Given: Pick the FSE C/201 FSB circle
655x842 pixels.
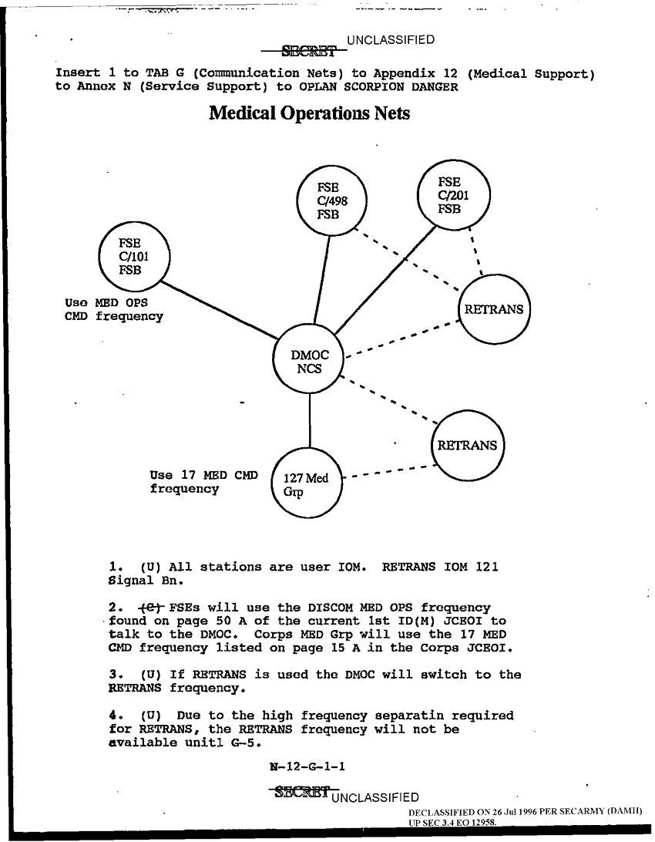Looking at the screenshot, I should point(451,194).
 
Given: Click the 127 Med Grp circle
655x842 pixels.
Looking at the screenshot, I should point(307,486).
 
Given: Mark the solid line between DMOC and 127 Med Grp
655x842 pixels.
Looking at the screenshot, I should point(310,420).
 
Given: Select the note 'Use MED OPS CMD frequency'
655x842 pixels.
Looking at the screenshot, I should point(114,308).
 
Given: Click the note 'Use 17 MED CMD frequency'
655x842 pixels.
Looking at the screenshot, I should point(203,481).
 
